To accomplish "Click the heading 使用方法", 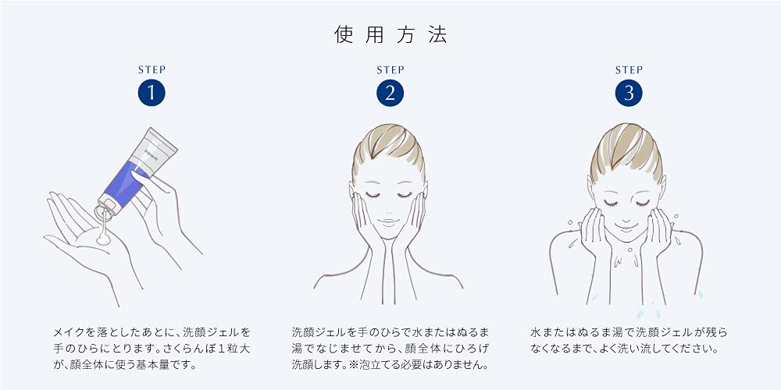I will (390, 35).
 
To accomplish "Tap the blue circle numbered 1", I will (152, 94).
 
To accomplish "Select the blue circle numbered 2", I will (390, 94).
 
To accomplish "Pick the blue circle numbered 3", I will (629, 94).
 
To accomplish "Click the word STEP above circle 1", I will (152, 70).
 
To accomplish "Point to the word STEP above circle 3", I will (629, 70).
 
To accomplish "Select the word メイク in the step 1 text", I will (69, 331).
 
